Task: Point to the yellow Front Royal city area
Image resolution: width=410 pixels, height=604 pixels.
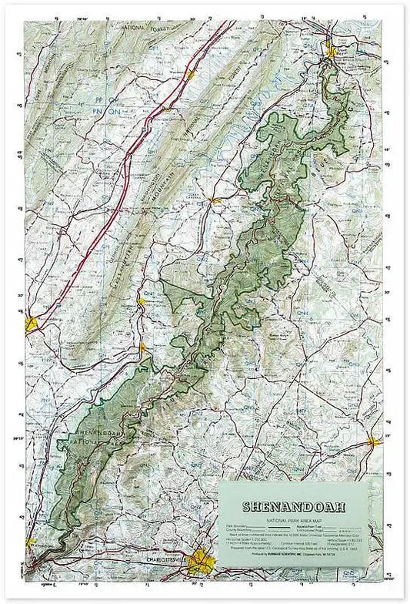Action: (332, 52)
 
